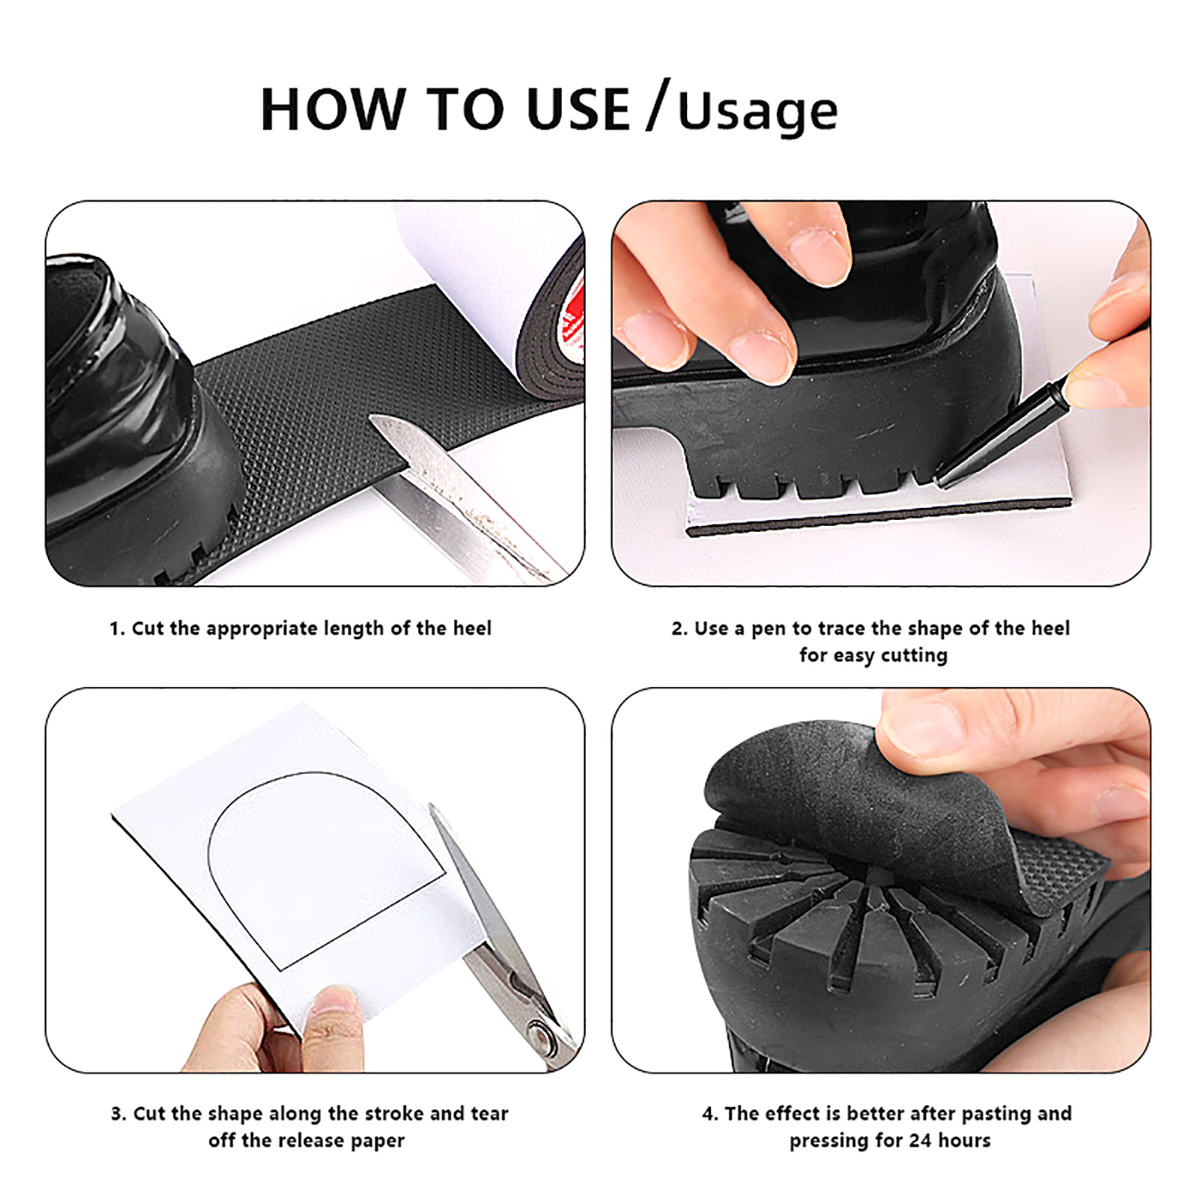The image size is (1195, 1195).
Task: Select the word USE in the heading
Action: coord(577,110)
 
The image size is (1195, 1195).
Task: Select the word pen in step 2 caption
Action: coord(769,630)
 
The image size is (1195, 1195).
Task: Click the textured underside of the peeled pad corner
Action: coord(1061,866)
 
